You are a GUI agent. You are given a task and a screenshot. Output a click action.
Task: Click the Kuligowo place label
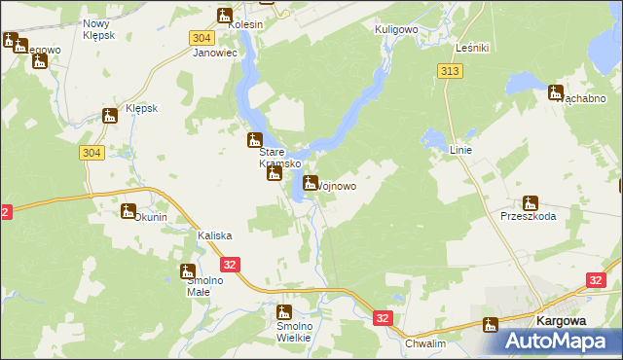396,30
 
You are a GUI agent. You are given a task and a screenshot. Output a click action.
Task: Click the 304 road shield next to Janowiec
202,37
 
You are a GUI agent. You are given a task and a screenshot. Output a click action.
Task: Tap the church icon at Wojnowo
311,182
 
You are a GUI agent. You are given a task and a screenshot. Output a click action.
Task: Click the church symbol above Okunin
128,211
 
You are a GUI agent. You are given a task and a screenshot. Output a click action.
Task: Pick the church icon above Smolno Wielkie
283,312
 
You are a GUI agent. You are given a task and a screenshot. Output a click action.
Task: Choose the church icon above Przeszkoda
530,203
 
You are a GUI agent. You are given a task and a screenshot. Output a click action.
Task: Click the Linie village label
460,150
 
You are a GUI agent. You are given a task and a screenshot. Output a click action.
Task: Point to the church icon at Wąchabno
556,93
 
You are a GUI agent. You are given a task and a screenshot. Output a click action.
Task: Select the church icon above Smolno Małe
188,270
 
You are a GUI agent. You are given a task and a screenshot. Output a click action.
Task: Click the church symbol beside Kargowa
490,325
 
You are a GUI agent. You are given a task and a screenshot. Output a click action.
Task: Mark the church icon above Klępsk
110,116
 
